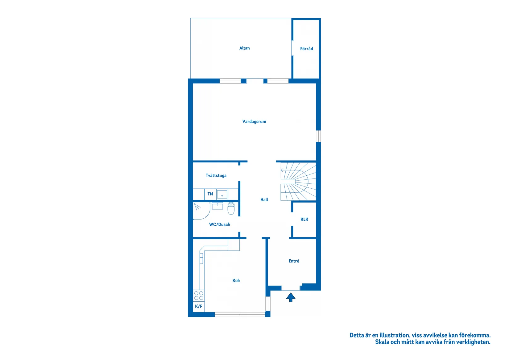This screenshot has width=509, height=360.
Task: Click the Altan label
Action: pyautogui.click(x=244, y=48)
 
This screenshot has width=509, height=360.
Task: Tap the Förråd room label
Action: pyautogui.click(x=306, y=49)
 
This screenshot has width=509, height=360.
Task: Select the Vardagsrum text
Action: pyautogui.click(x=254, y=122)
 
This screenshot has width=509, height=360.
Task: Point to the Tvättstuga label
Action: pyautogui.click(x=216, y=176)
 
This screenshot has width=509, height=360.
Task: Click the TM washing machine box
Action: pyautogui.click(x=210, y=194)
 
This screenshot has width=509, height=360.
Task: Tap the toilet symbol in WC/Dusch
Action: pyautogui.click(x=231, y=208)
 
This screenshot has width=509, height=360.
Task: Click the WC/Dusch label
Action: pyautogui.click(x=219, y=225)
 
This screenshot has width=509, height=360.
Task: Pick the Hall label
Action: pyautogui.click(x=264, y=200)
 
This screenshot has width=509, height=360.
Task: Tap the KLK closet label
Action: pyautogui.click(x=304, y=220)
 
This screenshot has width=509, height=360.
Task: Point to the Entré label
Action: pyautogui.click(x=294, y=261)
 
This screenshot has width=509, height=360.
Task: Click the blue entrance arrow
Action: pyautogui.click(x=291, y=297)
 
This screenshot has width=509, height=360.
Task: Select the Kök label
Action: pyautogui.click(x=236, y=281)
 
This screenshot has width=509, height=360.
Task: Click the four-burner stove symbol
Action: pyautogui.click(x=199, y=296)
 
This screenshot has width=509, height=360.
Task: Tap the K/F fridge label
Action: pyautogui.click(x=199, y=306)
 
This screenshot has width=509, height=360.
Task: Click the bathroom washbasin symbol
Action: pyautogui.click(x=217, y=206)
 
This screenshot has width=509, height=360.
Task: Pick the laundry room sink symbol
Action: pyautogui.click(x=222, y=195)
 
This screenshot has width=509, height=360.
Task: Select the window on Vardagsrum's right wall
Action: pyautogui.click(x=318, y=136)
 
